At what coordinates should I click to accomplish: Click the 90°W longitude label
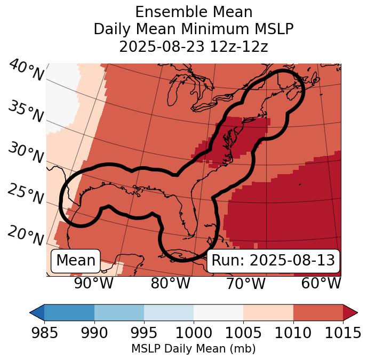(93, 283)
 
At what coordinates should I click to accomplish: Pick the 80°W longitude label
(170, 283)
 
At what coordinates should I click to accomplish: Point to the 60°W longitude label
(321, 283)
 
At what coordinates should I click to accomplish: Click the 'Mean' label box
(76, 261)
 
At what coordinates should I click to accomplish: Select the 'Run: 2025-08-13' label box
(273, 261)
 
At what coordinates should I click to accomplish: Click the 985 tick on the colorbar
(44, 333)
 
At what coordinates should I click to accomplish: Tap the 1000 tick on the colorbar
(194, 333)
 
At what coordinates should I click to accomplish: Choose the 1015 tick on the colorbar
(342, 333)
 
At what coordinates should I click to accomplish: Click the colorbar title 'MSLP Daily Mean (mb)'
(193, 349)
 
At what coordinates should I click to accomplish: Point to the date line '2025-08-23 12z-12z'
(193, 46)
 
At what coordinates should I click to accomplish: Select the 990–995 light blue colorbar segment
(119, 312)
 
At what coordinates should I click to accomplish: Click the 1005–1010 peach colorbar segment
(268, 312)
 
